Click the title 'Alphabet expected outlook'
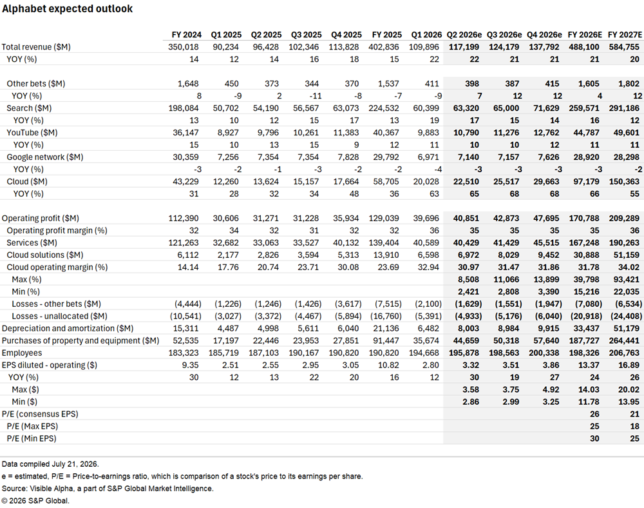pos(68,9)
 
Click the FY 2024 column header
pos(187,35)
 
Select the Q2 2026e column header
pos(464,35)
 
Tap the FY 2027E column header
pos(625,35)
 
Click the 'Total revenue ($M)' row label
pos(36,47)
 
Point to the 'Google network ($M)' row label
pos(45,157)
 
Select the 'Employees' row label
pos(22,353)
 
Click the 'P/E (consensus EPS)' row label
pos(40,415)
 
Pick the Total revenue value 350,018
pos(183,47)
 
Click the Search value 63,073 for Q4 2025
pos(344,108)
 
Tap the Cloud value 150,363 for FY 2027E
pos(624,182)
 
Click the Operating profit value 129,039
pos(384,219)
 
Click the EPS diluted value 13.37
pos(589,366)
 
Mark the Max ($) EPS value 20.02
pos(629,389)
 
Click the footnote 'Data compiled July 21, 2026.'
pos(50,464)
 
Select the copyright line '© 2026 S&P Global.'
pos(35,501)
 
